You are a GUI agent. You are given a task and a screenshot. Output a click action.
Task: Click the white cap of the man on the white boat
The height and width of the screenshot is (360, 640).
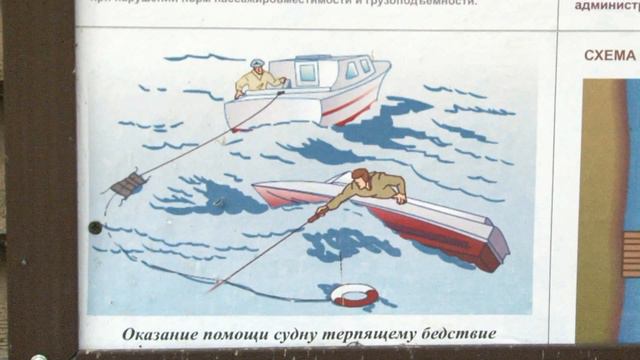coord(258,63)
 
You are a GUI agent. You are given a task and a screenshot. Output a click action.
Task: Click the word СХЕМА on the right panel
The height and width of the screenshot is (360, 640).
coord(610,55)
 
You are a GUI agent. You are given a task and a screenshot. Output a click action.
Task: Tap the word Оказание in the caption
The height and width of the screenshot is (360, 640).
coord(164,334)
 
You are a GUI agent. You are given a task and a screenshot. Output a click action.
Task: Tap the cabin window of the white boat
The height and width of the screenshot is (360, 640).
coord(306,72)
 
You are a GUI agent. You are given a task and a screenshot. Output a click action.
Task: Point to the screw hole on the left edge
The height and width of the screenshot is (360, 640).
coord(95,227)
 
